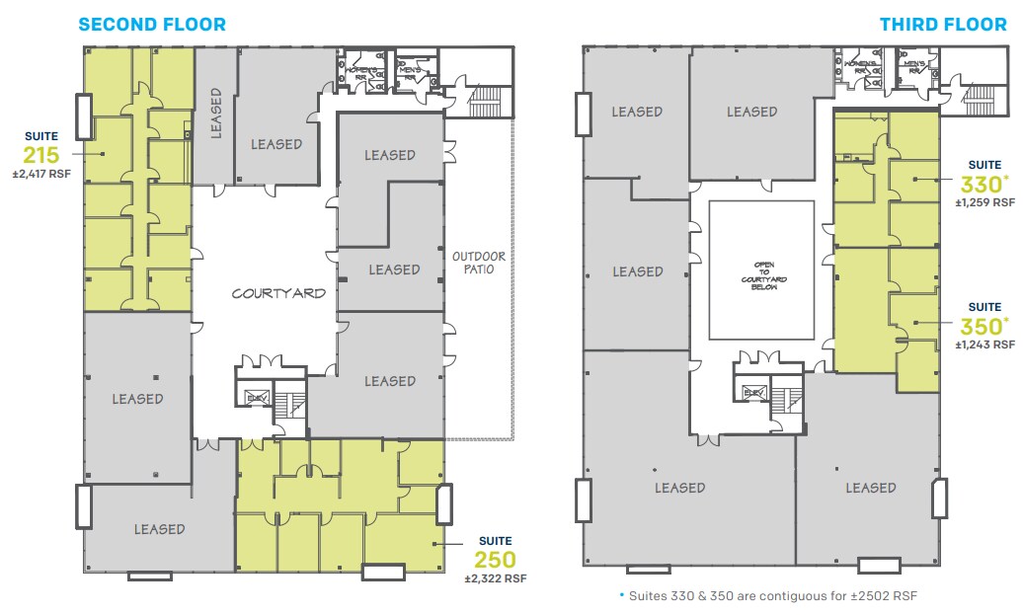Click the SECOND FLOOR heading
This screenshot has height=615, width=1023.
point(152,24)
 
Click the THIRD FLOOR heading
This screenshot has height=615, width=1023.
point(943,24)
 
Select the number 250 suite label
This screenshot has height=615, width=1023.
point(494,560)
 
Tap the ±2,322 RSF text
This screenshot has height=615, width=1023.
point(496,578)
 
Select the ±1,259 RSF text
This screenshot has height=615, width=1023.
point(984,202)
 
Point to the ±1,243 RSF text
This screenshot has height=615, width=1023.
point(984,345)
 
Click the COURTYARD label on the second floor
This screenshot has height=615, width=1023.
point(278,293)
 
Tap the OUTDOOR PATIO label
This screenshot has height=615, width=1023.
point(479,264)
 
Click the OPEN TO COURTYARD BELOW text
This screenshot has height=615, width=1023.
point(761,272)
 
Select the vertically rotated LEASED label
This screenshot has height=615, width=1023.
point(216,113)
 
